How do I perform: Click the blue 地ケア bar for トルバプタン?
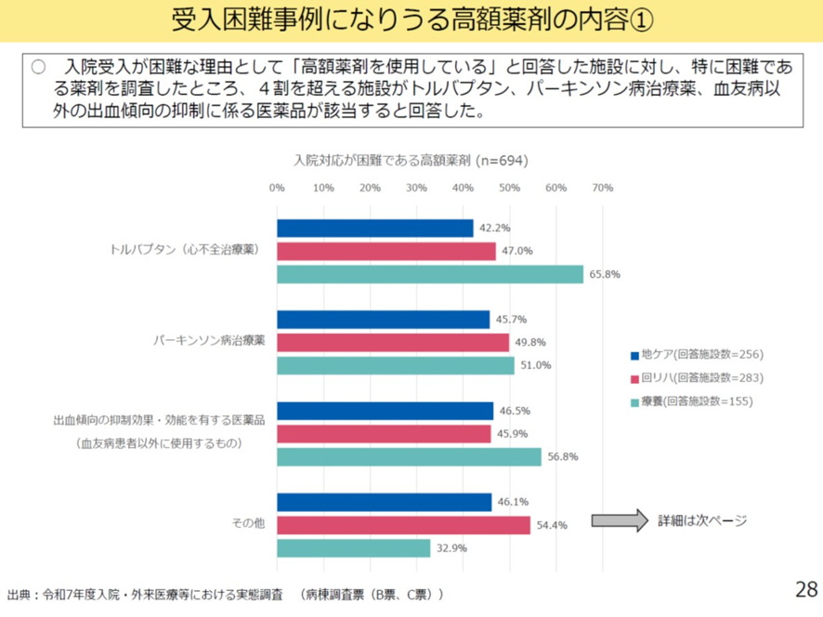tap(374, 229)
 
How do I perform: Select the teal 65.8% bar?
tap(429, 274)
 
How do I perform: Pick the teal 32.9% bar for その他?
tap(353, 548)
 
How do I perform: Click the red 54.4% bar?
tap(403, 525)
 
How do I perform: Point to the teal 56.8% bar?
tap(409, 457)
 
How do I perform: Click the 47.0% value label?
tap(517, 251)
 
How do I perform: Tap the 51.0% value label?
tap(536, 365)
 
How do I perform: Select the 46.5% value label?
tap(515, 410)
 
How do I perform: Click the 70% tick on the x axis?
tap(602, 188)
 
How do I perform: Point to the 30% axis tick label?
tap(416, 188)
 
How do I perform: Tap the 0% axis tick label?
tap(277, 188)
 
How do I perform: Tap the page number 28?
tap(805, 588)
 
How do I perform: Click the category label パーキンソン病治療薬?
tap(209, 341)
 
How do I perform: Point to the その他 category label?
tap(247, 524)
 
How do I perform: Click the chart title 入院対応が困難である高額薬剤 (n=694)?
tap(411, 160)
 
